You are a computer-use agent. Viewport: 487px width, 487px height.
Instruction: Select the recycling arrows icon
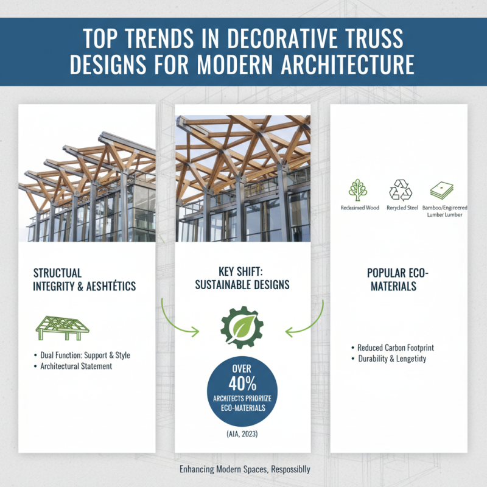point(401,191)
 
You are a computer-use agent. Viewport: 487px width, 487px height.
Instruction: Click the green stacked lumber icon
point(441,191)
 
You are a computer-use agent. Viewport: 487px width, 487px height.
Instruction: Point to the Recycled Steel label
point(401,208)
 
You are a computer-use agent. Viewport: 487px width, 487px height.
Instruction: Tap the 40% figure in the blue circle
point(243,384)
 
